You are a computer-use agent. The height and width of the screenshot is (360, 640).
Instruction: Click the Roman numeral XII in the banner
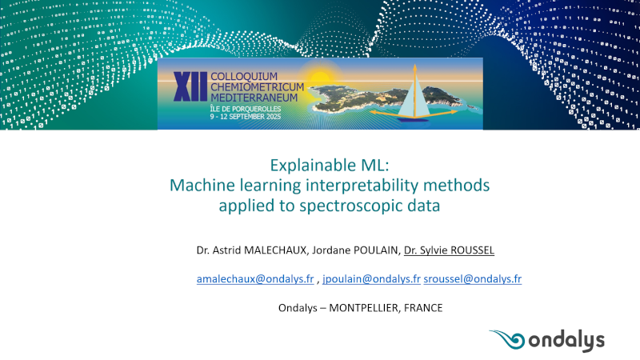(190, 86)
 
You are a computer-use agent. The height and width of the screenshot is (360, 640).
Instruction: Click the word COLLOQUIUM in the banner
(244, 76)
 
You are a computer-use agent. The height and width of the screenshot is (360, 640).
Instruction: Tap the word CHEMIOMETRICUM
(257, 87)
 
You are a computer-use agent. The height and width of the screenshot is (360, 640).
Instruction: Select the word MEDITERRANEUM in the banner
(254, 98)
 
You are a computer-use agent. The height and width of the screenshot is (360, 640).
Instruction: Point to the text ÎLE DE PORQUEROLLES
(246, 109)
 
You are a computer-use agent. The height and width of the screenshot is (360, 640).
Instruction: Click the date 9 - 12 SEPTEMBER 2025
(246, 116)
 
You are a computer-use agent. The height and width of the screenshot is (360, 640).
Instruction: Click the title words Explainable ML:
(330, 166)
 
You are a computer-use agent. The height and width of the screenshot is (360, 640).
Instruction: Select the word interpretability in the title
(362, 186)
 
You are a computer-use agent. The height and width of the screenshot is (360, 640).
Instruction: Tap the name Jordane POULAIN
(355, 250)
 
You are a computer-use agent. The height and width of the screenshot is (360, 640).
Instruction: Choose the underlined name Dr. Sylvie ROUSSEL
(449, 250)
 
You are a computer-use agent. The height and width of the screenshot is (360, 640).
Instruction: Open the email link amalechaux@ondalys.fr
(255, 278)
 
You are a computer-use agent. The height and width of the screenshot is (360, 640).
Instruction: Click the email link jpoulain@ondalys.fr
(371, 278)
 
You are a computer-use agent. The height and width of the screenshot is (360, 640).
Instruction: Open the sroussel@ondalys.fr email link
(473, 278)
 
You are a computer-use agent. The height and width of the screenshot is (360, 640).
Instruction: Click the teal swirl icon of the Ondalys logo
(507, 339)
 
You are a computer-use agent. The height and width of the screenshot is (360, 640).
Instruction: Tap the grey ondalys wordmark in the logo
(566, 342)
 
